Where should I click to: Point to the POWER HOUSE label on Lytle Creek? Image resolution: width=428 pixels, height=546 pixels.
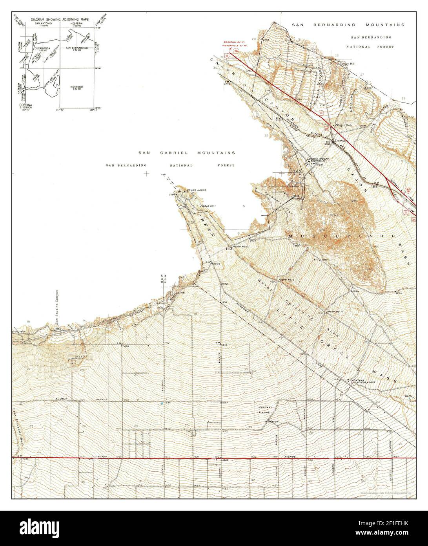tap(196, 190)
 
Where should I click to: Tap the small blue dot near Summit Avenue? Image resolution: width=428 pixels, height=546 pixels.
tap(162, 403)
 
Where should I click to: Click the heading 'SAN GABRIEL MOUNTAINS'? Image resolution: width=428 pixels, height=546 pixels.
tap(186, 153)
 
